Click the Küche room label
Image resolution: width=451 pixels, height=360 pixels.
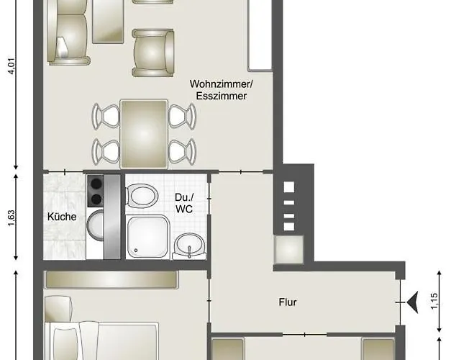[x=62, y=217]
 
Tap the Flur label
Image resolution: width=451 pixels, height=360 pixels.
[x=288, y=302]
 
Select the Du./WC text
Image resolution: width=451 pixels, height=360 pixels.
[x=184, y=203]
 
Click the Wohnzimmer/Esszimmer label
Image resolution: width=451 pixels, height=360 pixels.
[x=222, y=90]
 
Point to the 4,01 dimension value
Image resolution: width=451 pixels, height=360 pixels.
[x=12, y=66]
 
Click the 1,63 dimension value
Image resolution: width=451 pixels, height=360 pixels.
[x=11, y=218]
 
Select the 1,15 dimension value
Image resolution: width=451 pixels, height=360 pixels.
[x=434, y=301]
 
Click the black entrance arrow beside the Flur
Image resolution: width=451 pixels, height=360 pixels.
[x=413, y=302]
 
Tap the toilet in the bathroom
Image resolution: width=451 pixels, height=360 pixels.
[x=142, y=196]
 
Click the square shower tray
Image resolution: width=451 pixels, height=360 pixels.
[x=148, y=237]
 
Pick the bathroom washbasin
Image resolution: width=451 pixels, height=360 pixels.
[x=190, y=245]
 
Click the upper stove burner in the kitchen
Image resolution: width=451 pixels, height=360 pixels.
[x=96, y=184]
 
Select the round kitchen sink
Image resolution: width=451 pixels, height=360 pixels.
[x=95, y=225]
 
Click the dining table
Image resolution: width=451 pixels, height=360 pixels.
[x=144, y=134]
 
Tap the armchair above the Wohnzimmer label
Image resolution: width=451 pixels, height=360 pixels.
[x=153, y=53]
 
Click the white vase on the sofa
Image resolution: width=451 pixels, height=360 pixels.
[x=62, y=48]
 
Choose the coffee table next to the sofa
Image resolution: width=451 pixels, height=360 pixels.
[x=108, y=22]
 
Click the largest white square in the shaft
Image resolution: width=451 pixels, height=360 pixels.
[x=289, y=187]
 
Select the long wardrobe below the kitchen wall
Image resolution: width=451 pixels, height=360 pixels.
[x=111, y=279]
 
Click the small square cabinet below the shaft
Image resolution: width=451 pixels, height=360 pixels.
[x=289, y=250]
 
